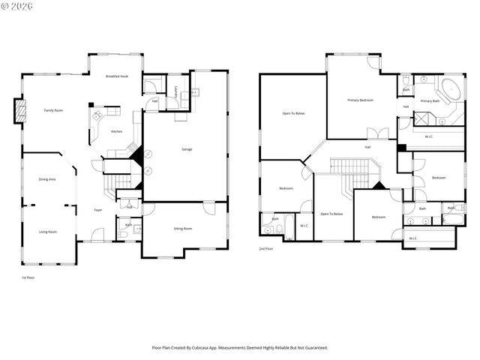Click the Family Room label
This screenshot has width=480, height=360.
(x=52, y=110)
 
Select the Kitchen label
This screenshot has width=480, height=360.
(x=116, y=131)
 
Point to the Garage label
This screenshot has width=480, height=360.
(x=187, y=149)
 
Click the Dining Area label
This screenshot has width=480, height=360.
(x=47, y=179)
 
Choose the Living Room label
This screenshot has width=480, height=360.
(x=47, y=232)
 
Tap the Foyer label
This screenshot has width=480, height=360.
(x=98, y=210)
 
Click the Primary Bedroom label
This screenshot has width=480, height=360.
(x=361, y=100)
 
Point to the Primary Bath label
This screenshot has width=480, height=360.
(x=430, y=100)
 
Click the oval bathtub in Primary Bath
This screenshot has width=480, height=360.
(x=451, y=91)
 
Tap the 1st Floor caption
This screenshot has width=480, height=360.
(x=28, y=277)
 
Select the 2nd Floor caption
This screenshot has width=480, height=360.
(x=266, y=248)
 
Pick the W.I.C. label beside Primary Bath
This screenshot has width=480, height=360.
(x=429, y=136)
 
